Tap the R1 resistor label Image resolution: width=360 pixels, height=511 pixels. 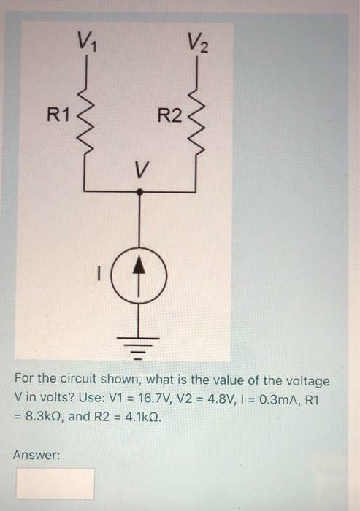(x=58, y=115)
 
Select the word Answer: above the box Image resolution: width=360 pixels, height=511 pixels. (x=36, y=455)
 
